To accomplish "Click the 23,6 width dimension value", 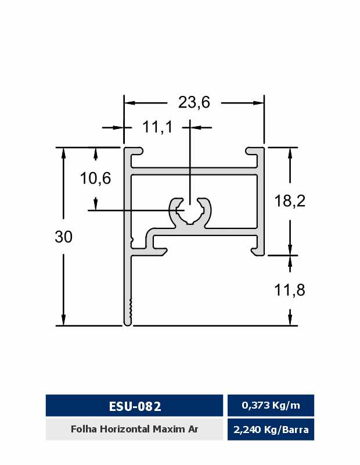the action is click(x=194, y=102).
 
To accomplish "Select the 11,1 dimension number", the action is click(x=157, y=127).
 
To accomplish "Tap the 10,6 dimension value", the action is click(x=95, y=178).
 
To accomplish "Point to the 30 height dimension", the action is click(x=63, y=237).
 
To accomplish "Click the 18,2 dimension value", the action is click(x=290, y=201).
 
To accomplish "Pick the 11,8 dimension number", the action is click(x=290, y=289).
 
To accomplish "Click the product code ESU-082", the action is click(x=135, y=406).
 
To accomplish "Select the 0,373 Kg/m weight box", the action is click(x=271, y=405).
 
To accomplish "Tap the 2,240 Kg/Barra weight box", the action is click(x=271, y=430).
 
